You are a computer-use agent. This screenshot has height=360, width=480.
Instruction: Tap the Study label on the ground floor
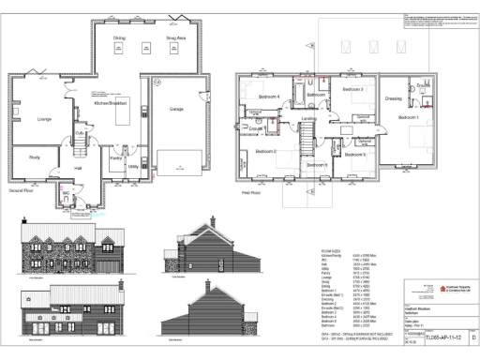click(x=35, y=157)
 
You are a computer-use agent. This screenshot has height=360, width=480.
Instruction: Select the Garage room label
click(x=177, y=110)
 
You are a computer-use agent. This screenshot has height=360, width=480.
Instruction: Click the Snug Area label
click(x=176, y=38)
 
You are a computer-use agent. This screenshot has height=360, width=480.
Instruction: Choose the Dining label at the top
click(x=119, y=38)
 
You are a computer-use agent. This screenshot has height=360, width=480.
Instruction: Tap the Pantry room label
click(x=116, y=160)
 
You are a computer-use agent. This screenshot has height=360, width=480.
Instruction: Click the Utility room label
click(x=133, y=165)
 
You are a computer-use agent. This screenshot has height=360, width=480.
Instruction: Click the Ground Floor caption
click(x=23, y=190)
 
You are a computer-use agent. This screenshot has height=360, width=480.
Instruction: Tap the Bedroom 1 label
click(x=407, y=117)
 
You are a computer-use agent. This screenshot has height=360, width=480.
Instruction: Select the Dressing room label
click(x=394, y=97)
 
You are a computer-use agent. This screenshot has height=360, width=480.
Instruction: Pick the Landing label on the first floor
click(x=307, y=118)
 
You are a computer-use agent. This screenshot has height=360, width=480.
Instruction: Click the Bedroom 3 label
click(x=352, y=89)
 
